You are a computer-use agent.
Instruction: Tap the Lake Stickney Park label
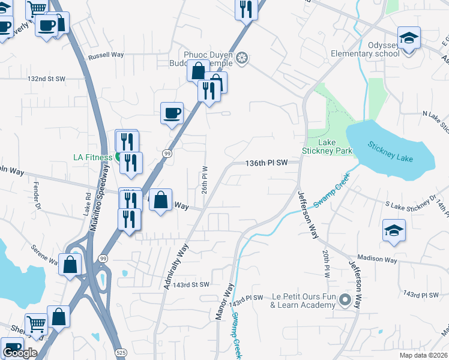click(x=327, y=146)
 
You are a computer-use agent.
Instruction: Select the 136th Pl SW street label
click(x=267, y=163)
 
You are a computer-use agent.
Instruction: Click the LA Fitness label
click(x=92, y=157)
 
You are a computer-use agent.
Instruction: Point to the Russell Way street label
click(x=106, y=55)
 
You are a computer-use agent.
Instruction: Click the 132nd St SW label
click(x=46, y=79)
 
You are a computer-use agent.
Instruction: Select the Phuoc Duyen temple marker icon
click(x=242, y=58)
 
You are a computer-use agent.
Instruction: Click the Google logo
click(x=19, y=352)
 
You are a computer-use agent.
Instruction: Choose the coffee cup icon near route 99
click(x=172, y=112)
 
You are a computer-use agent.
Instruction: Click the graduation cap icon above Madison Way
click(x=394, y=230)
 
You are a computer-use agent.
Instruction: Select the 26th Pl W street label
click(x=205, y=180)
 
